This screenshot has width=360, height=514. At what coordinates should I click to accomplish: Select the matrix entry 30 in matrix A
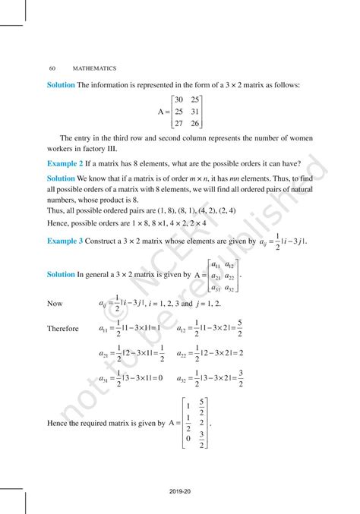178,99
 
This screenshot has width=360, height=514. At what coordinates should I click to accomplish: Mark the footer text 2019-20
180,491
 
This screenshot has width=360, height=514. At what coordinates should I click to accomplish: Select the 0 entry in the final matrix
186,437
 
